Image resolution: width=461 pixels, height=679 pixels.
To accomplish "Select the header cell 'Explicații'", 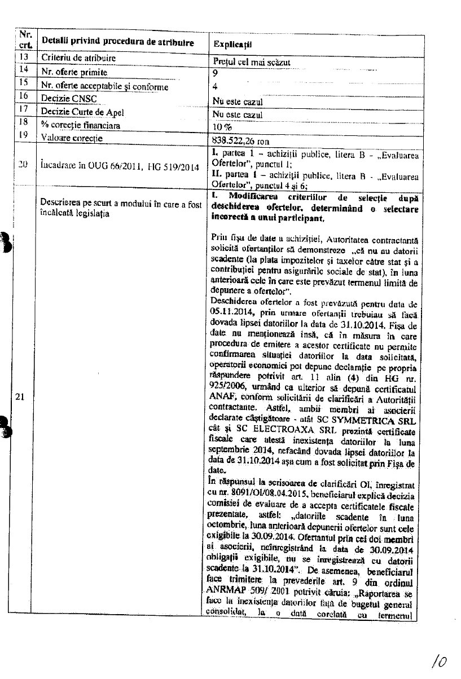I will [x=232, y=43].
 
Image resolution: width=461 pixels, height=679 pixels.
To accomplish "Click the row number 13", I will [x=23, y=57].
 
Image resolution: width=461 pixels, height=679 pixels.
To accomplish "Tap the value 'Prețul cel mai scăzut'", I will [x=251, y=62].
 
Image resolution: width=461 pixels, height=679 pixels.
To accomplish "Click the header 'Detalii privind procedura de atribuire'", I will [x=117, y=43].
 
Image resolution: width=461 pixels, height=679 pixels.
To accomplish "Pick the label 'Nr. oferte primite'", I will [x=74, y=72].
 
